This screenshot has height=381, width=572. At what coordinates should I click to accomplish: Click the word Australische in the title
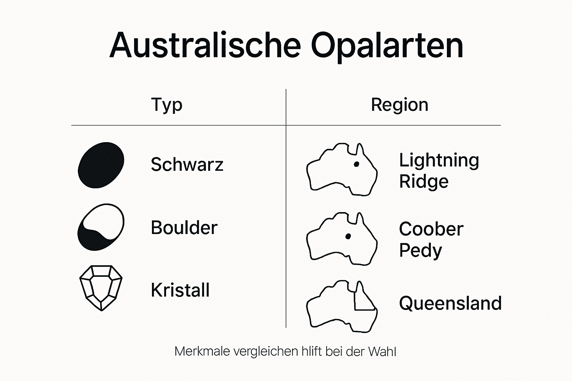click(x=205, y=45)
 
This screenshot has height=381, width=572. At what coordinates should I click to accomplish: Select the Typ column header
click(x=167, y=105)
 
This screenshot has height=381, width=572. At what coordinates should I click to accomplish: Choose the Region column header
click(x=400, y=105)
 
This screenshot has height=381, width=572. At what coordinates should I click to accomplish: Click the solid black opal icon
click(x=101, y=165)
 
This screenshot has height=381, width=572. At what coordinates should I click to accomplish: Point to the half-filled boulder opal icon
click(x=101, y=227)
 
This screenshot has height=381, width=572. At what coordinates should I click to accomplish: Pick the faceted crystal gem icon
click(x=101, y=287)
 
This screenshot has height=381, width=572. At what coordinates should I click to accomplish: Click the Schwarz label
click(x=187, y=164)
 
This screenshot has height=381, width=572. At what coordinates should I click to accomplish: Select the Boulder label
click(x=184, y=228)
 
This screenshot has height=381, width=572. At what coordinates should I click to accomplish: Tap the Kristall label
click(x=180, y=290)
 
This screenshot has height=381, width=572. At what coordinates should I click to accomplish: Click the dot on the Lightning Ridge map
click(x=356, y=164)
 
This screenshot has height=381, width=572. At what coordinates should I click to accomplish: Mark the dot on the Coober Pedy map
click(x=348, y=236)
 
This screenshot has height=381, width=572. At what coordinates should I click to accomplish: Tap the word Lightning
click(x=439, y=161)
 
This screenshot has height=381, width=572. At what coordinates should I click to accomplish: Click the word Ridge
click(x=424, y=182)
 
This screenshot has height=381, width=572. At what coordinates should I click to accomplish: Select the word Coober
click(x=431, y=229)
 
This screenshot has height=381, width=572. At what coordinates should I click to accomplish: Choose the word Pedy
click(x=420, y=250)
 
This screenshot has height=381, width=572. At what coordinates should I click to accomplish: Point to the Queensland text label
click(x=450, y=303)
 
